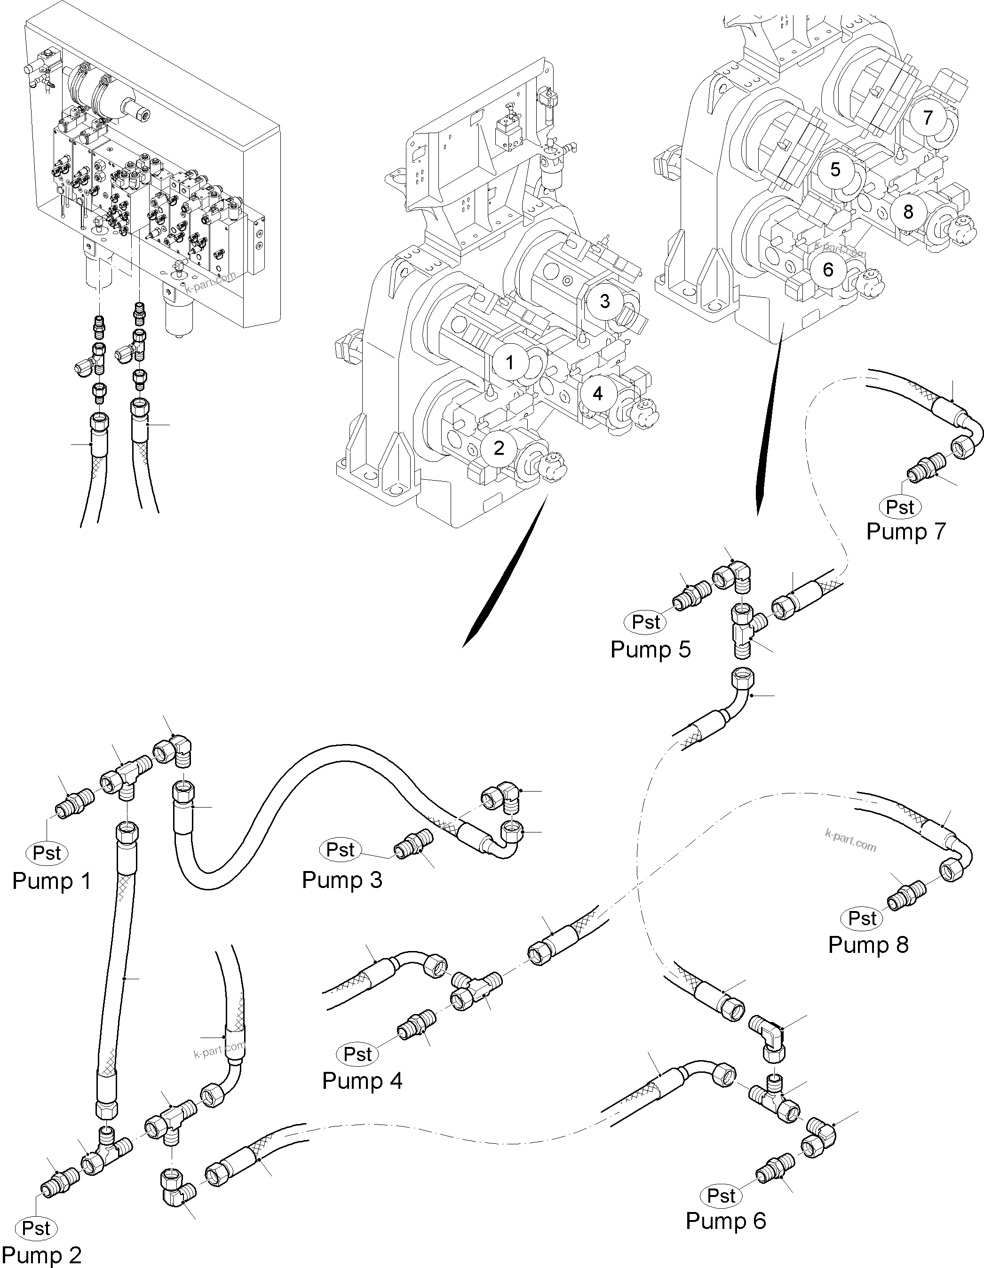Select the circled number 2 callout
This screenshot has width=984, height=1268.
point(499,448)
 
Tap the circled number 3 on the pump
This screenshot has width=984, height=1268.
point(604,301)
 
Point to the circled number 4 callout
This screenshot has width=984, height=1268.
point(597,394)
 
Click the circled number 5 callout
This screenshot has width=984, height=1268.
point(835,169)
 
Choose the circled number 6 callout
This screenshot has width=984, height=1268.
point(828,269)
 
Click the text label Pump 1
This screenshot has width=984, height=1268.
point(52,881)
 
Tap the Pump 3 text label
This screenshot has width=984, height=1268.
point(342,880)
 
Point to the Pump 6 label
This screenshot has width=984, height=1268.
point(726,1221)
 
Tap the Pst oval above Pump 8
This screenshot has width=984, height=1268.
point(862,919)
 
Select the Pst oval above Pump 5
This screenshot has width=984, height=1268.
point(645,622)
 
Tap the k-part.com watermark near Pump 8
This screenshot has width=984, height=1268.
point(850,840)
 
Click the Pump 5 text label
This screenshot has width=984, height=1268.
point(650,649)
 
